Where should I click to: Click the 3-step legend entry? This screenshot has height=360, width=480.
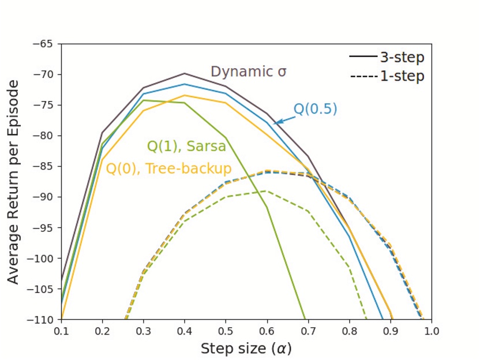click(387, 58)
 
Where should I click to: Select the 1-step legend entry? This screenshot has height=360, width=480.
click(387, 76)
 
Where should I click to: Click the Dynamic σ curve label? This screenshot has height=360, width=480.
click(248, 72)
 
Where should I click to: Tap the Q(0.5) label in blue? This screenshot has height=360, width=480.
click(315, 109)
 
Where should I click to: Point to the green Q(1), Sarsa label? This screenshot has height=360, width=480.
click(186, 147)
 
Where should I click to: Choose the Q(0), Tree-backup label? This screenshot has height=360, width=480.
click(168, 169)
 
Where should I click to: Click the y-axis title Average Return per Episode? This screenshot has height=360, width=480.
click(13, 182)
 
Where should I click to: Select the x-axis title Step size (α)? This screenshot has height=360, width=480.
click(246, 348)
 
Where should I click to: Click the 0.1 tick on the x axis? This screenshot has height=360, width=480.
click(62, 331)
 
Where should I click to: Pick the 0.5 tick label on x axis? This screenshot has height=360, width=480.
click(226, 331)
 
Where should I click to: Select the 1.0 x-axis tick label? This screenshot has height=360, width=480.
click(431, 331)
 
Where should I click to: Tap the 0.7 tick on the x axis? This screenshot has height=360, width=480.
click(308, 331)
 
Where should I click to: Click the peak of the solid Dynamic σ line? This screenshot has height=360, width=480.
click(185, 73)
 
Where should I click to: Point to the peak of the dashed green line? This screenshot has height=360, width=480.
click(267, 190)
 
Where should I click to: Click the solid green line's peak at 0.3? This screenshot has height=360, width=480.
click(144, 100)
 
